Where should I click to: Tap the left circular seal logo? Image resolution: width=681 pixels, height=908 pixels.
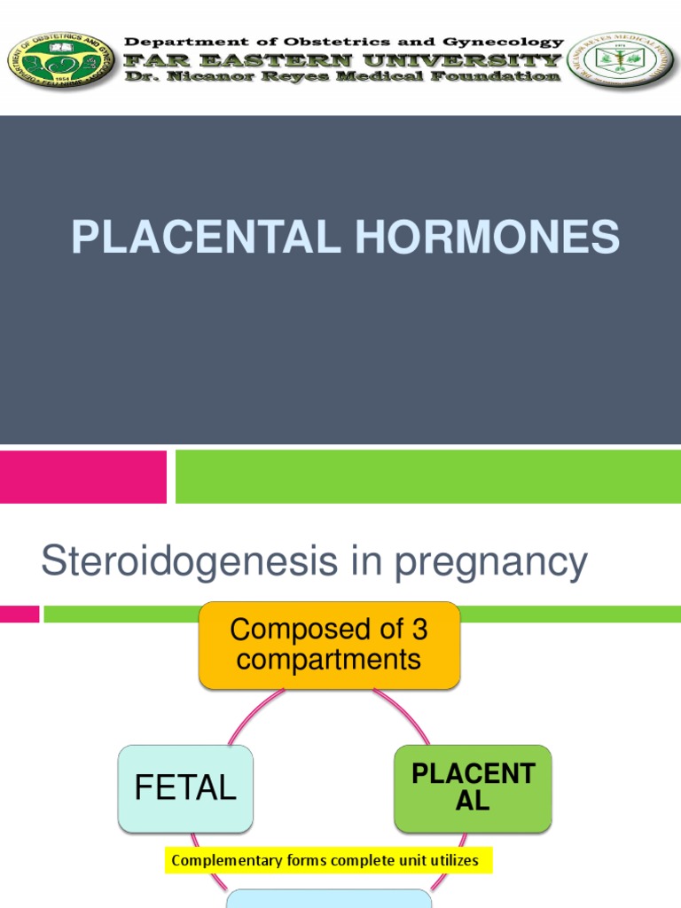pos(60,60)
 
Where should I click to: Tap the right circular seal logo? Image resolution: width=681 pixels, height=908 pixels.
pos(621,60)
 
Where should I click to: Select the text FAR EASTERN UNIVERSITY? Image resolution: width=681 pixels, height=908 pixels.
pos(343,59)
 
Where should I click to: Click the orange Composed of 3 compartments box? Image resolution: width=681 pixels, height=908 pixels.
pos(329,645)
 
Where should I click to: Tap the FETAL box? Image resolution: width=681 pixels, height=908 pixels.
pos(185,788)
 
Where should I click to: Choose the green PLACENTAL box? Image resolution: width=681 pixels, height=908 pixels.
pos(473,787)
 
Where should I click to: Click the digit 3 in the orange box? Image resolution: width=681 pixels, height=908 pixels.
pos(418,630)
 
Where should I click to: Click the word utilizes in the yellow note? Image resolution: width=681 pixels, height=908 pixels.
pos(452,860)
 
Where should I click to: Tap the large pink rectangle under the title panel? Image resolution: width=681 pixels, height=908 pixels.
pos(82,476)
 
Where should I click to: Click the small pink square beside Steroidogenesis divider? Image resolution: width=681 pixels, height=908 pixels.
pos(20,614)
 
